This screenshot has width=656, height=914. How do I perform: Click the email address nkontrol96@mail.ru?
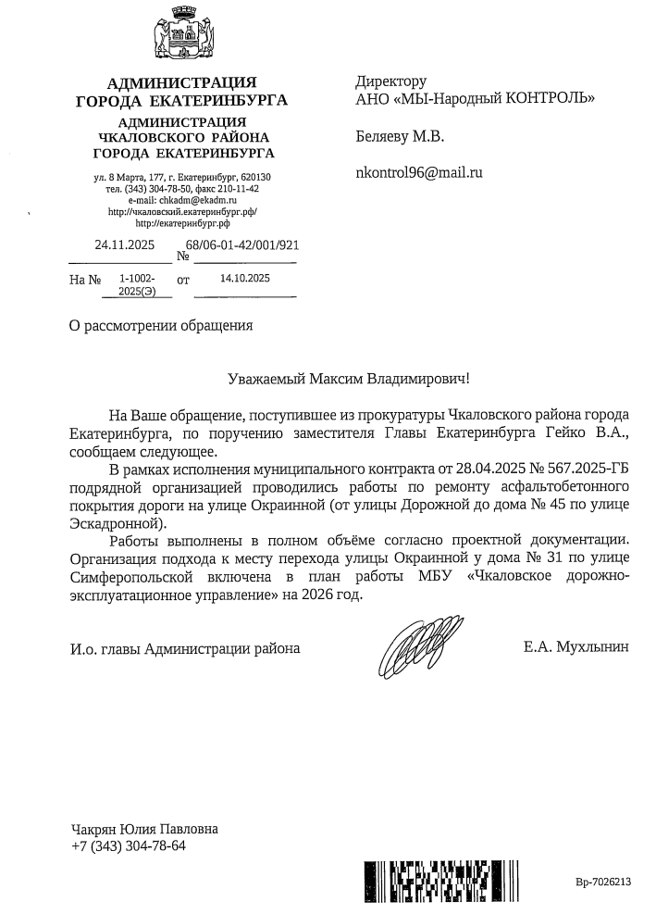pos(419,171)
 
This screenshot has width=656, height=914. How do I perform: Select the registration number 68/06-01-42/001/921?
pos(242,246)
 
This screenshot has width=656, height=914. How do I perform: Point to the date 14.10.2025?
pos(245,278)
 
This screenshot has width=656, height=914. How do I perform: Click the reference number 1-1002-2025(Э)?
pos(137,283)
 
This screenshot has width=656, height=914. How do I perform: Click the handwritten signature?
pos(415,648)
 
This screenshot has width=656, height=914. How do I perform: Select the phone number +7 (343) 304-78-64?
pos(129,845)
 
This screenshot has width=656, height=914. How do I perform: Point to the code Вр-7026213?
pos(602,883)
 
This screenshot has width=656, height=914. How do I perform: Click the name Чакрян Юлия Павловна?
pos(145,829)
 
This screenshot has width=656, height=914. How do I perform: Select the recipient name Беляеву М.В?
pos(400,137)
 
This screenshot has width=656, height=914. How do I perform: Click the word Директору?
pos(391,81)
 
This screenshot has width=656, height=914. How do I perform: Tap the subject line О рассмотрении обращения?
pos(161,325)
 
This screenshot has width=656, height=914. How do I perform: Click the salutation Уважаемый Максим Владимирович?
pos(349,379)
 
